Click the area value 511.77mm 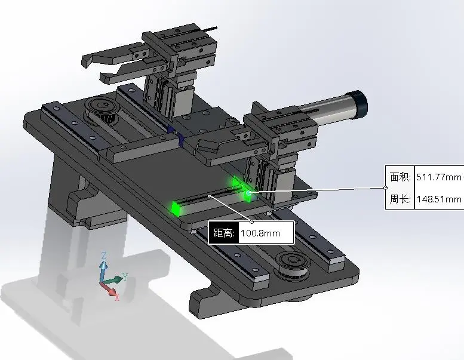pos(439,177)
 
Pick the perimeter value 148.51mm pos(439,199)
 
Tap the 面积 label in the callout pos(400,177)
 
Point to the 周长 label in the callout pos(400,199)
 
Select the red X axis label pos(117,297)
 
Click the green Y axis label pos(125,277)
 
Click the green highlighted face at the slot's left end pos(177,208)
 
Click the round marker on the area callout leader pos(386,187)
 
